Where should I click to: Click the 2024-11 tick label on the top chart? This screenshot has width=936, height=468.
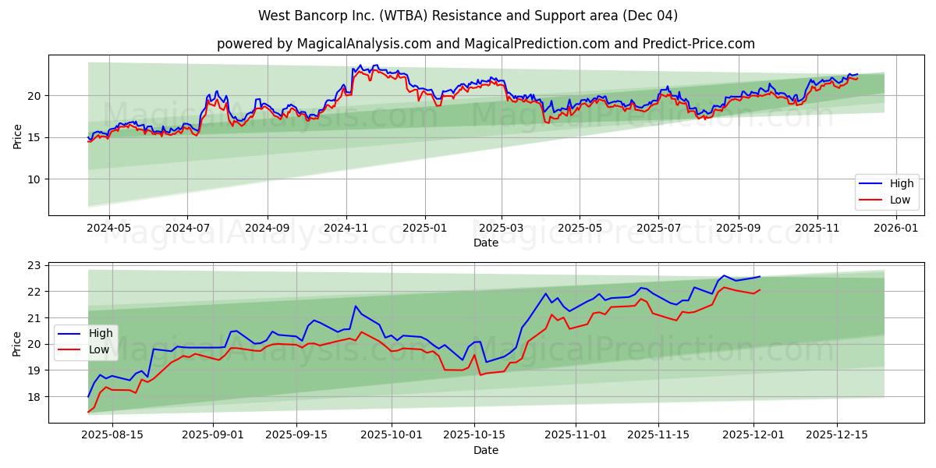pyautogui.click(x=346, y=229)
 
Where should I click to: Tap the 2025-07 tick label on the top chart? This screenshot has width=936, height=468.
pyautogui.click(x=658, y=229)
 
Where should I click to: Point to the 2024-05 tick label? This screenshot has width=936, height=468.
pyautogui.click(x=108, y=229)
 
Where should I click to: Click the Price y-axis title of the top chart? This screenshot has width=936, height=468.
pyautogui.click(x=17, y=135)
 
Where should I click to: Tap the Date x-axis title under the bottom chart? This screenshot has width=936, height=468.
pyautogui.click(x=485, y=450)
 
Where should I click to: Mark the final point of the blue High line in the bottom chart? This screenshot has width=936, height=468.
pyautogui.click(x=760, y=276)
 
